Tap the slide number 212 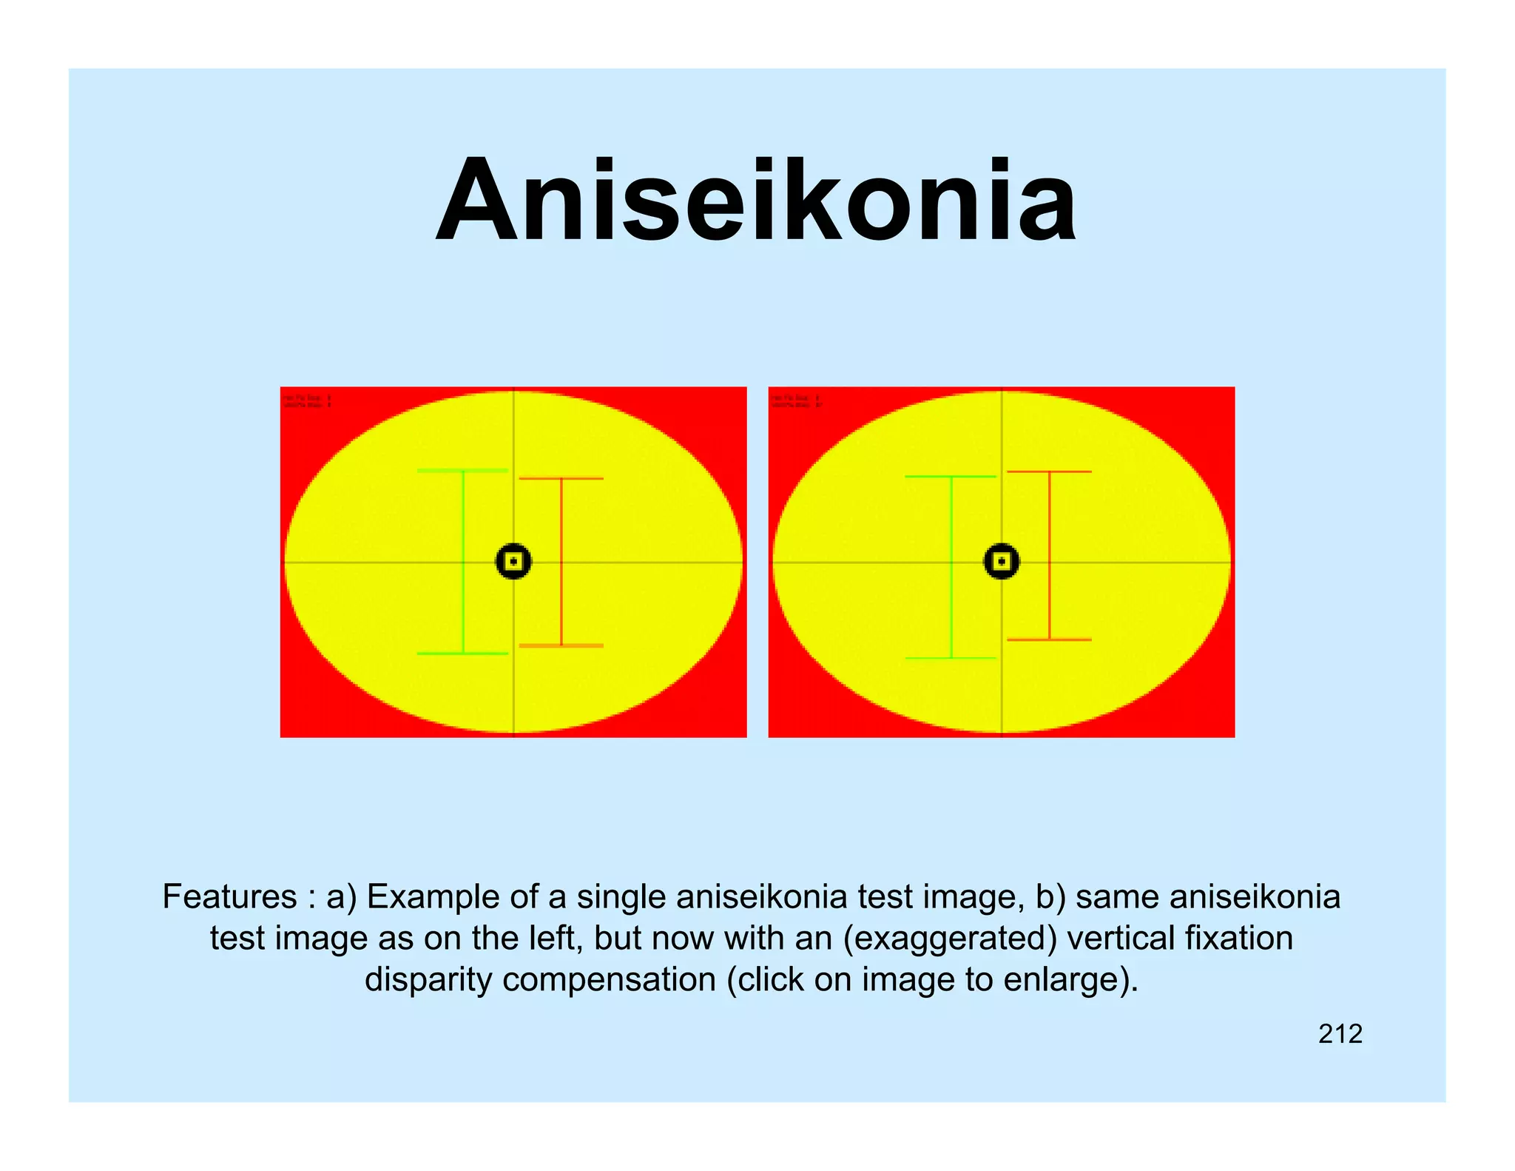(1340, 1034)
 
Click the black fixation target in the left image (513, 562)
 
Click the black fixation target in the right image (1002, 562)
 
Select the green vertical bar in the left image (463, 563)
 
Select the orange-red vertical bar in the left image (561, 563)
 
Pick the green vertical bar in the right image (951, 567)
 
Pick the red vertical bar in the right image (1050, 555)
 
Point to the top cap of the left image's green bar (463, 470)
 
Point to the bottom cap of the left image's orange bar (561, 646)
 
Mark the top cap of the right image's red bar (1050, 472)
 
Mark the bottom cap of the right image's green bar (951, 658)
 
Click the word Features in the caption (229, 897)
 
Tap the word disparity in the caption (428, 980)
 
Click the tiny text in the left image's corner (307, 401)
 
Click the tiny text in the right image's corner (796, 401)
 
